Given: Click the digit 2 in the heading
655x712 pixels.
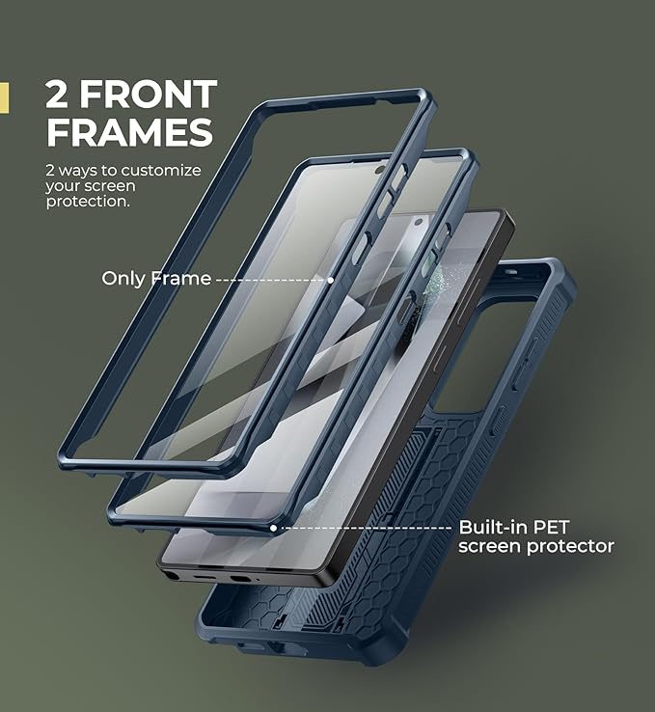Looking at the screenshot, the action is tap(56, 94).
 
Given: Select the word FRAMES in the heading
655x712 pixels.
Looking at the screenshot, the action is tap(129, 132).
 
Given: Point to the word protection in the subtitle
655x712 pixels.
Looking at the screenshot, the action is tap(88, 202).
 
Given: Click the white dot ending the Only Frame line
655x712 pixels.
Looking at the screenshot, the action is tap(331, 280).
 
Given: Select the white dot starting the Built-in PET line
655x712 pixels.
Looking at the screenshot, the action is tap(273, 528).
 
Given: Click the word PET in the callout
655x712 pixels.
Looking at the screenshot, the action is tap(551, 527).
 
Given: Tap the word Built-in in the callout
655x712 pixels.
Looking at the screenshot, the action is tap(493, 527).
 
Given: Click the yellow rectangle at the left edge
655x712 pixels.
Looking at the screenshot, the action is tap(4, 97).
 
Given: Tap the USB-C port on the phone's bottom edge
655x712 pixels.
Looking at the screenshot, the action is tap(205, 578).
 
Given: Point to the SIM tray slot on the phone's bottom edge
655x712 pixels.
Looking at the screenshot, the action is tap(240, 580).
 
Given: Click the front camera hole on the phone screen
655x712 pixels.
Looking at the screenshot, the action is tap(420, 222).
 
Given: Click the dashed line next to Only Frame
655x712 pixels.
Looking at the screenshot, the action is tap(271, 280).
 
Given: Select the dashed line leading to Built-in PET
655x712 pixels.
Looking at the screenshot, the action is tap(367, 528).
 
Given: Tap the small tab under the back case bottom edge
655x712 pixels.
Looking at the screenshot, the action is tap(251, 646).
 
